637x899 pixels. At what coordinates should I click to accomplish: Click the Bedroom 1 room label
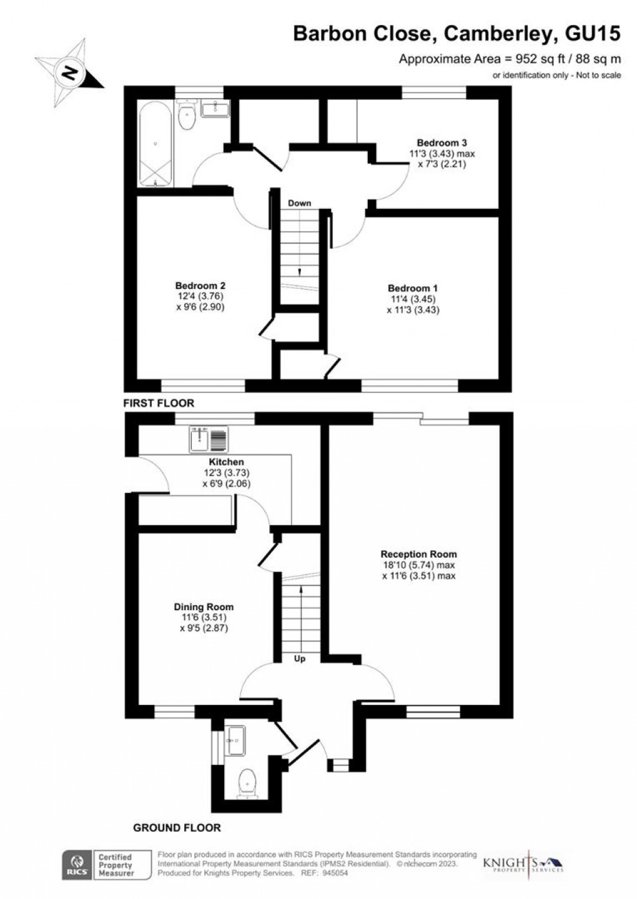(412, 288)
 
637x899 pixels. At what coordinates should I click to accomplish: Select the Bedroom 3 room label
(442, 143)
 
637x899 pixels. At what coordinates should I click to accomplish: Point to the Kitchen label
(226, 462)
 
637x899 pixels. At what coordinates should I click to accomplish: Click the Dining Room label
(204, 606)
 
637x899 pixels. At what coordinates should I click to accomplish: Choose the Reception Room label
(418, 554)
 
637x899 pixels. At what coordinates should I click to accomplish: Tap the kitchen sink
(209, 439)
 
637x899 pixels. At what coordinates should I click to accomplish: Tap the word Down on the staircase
(299, 203)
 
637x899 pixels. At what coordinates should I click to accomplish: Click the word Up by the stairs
(300, 659)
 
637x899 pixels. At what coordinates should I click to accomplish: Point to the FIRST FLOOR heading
(159, 403)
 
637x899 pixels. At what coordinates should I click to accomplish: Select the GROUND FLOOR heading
(177, 828)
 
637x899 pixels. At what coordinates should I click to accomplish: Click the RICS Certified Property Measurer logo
(106, 865)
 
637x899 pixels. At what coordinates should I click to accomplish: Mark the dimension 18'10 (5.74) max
(418, 565)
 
